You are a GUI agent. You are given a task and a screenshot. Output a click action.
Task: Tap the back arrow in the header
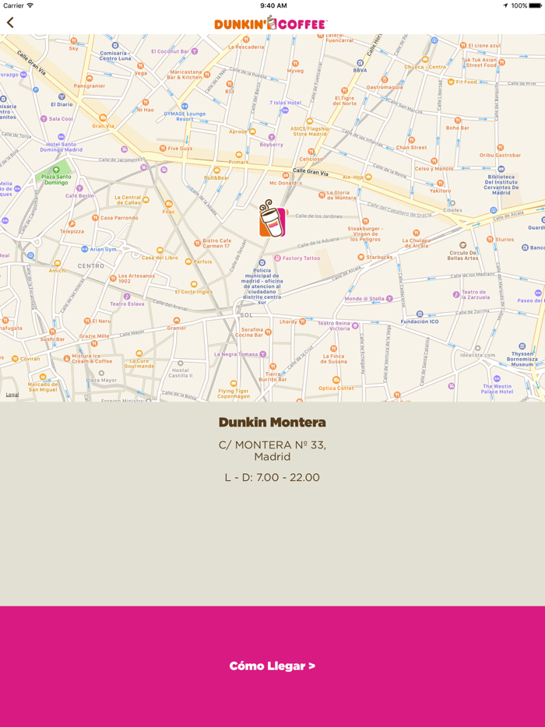(10, 23)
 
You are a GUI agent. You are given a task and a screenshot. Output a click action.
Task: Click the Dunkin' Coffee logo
(271, 24)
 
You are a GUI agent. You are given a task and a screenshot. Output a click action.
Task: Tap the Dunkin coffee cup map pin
(272, 219)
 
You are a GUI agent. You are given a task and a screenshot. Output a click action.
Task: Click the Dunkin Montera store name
(272, 423)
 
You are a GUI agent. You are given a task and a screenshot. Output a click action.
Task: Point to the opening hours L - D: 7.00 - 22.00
(272, 477)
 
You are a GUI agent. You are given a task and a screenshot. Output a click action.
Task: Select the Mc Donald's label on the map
(285, 183)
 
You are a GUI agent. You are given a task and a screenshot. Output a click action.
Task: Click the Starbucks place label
(379, 257)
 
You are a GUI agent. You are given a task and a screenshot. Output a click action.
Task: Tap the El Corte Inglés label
(194, 292)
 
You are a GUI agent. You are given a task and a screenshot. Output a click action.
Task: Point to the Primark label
(238, 162)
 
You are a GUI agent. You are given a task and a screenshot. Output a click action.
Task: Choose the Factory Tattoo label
(301, 258)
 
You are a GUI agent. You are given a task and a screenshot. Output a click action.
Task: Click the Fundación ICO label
(420, 321)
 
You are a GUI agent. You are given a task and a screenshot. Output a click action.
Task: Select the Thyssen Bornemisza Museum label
(522, 358)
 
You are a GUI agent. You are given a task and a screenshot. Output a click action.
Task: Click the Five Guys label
(179, 148)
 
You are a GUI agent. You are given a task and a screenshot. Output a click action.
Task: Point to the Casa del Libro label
(159, 258)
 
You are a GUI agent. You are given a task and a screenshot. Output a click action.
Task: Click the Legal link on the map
(12, 395)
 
